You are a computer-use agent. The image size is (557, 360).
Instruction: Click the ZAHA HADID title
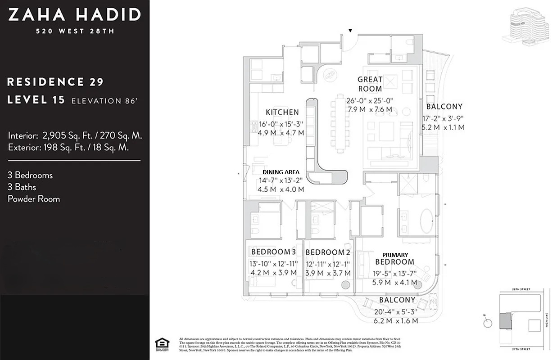tap(74, 15)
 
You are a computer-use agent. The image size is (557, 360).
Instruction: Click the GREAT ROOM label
tap(370, 84)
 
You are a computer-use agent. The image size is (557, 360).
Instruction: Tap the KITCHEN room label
tap(282, 112)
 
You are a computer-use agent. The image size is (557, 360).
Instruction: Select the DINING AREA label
tap(281, 172)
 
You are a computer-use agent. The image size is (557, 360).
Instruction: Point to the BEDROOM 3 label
tap(273, 252)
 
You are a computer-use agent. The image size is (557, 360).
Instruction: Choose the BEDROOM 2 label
tap(327, 252)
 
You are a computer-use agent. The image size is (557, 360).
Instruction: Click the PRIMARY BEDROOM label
tap(395, 258)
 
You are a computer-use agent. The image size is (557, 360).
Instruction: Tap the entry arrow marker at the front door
tap(350, 31)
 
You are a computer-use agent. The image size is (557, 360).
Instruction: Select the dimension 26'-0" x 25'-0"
tap(370, 101)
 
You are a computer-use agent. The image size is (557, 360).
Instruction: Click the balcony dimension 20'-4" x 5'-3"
tap(396, 311)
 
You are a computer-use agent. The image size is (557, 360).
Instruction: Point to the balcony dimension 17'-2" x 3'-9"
tap(442, 119)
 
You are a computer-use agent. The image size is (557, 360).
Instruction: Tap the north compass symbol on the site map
tap(486, 322)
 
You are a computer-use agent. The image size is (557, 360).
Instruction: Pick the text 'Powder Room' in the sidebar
tap(34, 199)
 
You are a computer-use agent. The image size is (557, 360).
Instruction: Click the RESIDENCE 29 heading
tap(55, 82)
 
